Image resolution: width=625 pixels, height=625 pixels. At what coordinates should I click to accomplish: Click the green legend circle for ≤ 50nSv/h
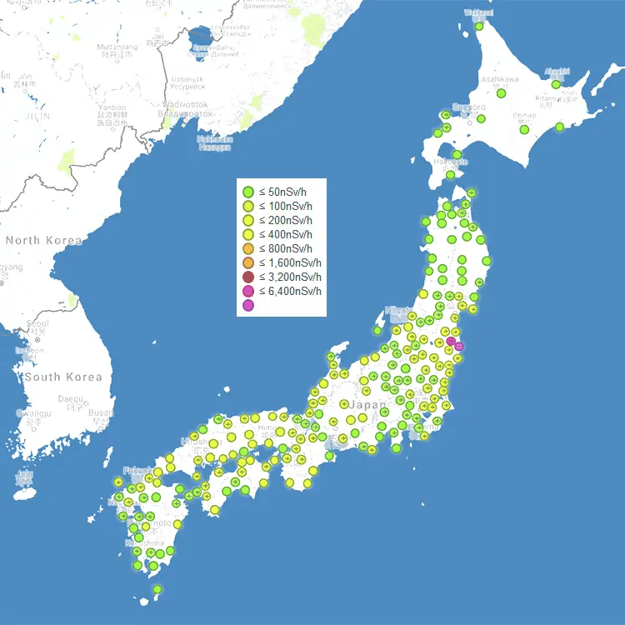click(247, 192)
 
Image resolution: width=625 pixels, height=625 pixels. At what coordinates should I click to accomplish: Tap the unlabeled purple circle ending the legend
click(247, 305)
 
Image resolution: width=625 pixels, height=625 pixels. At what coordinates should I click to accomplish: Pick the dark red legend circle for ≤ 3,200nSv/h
click(247, 277)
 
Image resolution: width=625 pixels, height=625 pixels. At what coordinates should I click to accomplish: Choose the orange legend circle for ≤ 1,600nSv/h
click(247, 262)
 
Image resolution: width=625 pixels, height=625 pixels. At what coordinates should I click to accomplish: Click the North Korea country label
click(43, 241)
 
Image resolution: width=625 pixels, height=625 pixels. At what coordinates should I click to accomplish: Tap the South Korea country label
click(62, 377)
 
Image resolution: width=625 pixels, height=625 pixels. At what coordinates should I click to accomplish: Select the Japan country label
click(368, 405)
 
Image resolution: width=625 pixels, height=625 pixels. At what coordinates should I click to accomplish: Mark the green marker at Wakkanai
click(479, 26)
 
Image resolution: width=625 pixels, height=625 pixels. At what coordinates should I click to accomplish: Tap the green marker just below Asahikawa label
click(502, 93)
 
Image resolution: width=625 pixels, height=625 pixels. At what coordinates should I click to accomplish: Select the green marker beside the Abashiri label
click(556, 84)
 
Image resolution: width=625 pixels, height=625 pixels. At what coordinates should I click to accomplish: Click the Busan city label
click(100, 412)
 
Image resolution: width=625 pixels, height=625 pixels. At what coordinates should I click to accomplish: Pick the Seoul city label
click(37, 323)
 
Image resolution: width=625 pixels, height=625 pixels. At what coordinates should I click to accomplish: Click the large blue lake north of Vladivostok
click(201, 37)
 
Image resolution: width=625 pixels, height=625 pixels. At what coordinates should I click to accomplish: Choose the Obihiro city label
click(524, 116)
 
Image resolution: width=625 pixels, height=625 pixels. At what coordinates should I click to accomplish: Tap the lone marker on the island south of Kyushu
click(157, 589)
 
